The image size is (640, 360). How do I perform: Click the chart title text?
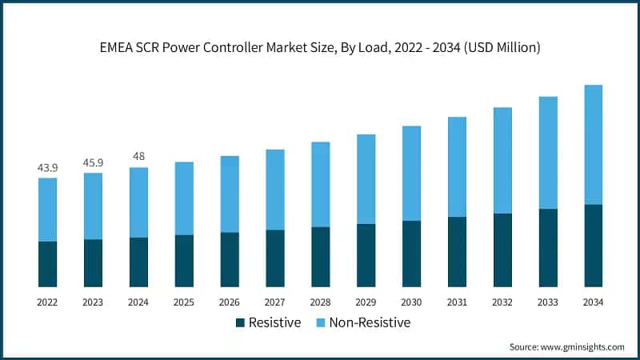[x=320, y=48]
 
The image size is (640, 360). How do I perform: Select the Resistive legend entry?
[x=274, y=322]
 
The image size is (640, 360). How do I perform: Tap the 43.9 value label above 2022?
[x=47, y=168]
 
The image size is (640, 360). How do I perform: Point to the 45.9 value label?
[x=93, y=162]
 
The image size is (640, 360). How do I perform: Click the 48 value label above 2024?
[x=138, y=157]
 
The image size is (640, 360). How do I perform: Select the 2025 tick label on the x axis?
[x=184, y=302]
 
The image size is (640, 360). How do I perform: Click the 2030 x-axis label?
[x=411, y=302]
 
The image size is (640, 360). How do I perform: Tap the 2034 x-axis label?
[x=593, y=302]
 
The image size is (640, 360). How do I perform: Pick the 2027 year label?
[x=275, y=302]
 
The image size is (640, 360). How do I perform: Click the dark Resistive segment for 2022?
[x=47, y=264]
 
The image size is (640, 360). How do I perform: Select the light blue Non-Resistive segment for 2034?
[x=593, y=144]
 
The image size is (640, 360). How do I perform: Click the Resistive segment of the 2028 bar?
[x=320, y=257]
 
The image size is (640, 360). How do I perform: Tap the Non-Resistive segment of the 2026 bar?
[x=230, y=194]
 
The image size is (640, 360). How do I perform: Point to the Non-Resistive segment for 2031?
[x=457, y=166]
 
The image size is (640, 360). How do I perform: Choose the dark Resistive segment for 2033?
[x=548, y=248]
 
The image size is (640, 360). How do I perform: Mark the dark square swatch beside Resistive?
[x=240, y=322]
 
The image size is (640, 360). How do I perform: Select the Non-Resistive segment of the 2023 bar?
[x=93, y=206]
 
